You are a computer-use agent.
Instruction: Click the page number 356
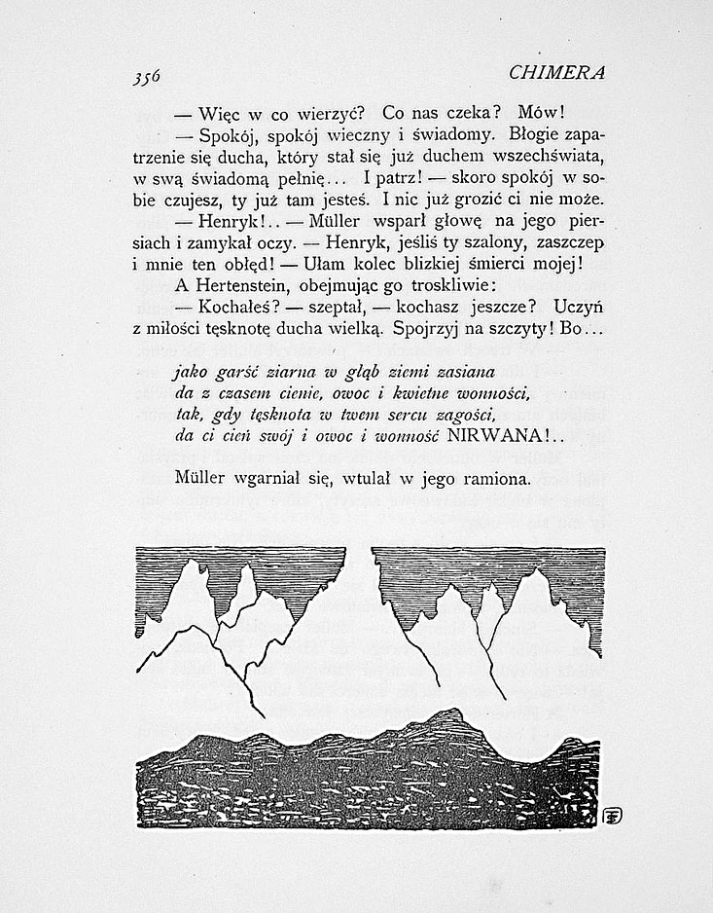coord(143,75)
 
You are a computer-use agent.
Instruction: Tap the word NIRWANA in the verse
coord(493,436)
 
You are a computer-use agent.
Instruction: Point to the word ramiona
coord(496,480)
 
